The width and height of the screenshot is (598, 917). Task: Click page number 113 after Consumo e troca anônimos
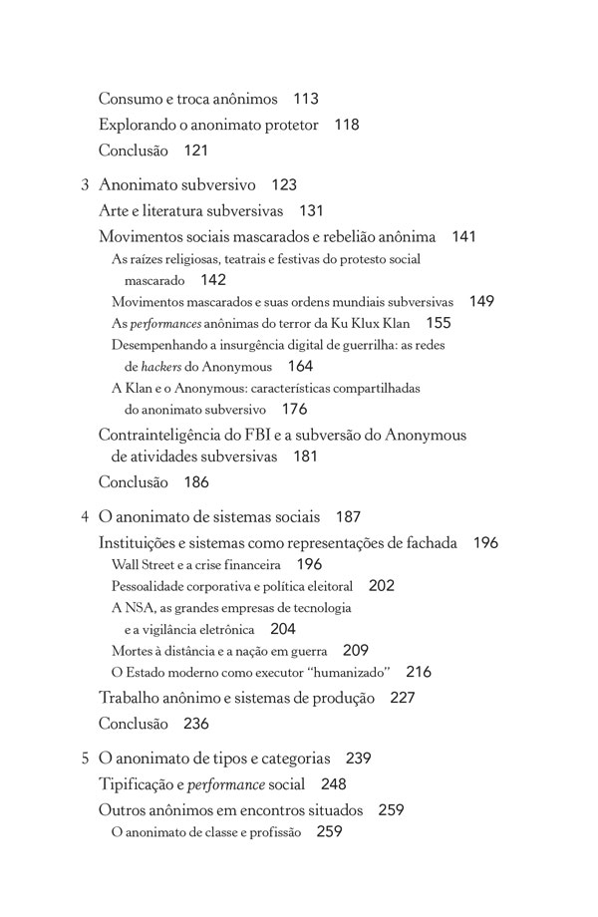tap(306, 99)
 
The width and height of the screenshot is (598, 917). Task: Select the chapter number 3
tap(85, 185)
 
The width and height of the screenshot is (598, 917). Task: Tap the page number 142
tap(212, 280)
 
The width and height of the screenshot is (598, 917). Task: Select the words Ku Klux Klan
tap(365, 323)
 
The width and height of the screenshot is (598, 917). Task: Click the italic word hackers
tap(162, 366)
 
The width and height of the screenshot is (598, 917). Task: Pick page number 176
tap(294, 409)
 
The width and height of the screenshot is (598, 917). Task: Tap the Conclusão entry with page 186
tap(134, 482)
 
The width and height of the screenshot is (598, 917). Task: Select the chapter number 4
tap(85, 517)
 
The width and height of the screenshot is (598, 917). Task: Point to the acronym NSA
tap(138, 607)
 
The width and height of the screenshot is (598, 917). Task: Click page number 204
tap(282, 629)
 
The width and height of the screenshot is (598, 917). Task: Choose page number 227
tap(402, 698)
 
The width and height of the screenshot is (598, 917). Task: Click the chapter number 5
tap(85, 759)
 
